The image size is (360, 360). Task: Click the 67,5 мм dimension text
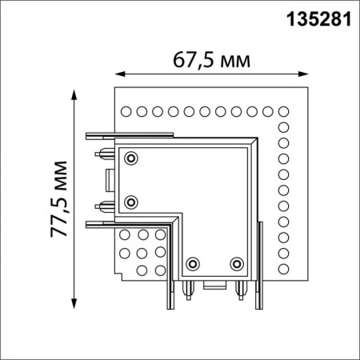coord(210,61)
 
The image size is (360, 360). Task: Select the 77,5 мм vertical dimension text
coord(58,200)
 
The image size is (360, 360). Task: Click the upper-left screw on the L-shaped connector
coord(132,157)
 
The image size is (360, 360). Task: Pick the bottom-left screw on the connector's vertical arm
coord(192,262)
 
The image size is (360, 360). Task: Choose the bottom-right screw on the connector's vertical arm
coord(236,262)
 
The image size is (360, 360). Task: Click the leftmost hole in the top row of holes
coord(125,110)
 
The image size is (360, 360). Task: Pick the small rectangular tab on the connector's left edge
coord(109,178)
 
